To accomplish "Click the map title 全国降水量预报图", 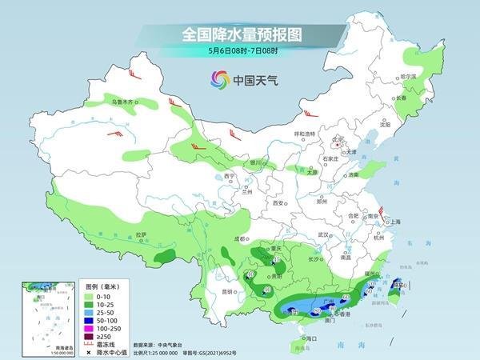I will (239, 35).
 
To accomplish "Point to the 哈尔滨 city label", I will (408, 77).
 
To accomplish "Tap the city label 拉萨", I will (141, 234).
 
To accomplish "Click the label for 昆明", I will (228, 291).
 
